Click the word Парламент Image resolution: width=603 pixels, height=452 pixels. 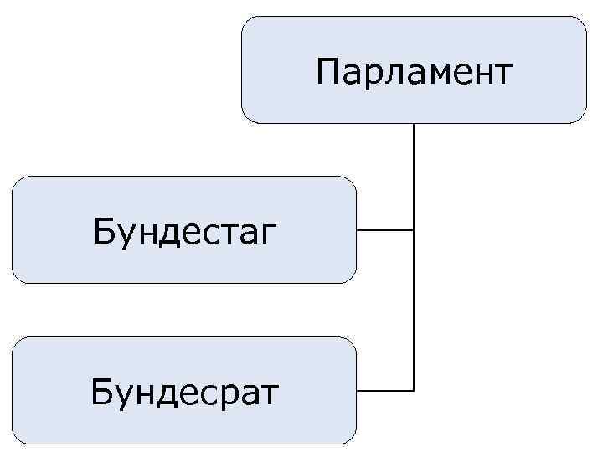(x=414, y=72)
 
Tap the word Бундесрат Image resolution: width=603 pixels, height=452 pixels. (x=185, y=391)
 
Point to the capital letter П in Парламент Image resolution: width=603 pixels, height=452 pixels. (x=327, y=72)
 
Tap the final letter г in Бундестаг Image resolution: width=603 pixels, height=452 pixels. (x=267, y=233)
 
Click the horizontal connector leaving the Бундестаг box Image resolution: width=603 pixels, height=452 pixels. (x=384, y=229)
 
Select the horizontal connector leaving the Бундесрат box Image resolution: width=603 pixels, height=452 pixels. (x=384, y=390)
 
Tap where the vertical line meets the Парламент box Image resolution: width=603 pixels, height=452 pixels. (x=414, y=125)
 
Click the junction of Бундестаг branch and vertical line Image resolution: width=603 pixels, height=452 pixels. (x=414, y=229)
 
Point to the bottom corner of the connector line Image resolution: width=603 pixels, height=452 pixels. (x=414, y=390)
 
